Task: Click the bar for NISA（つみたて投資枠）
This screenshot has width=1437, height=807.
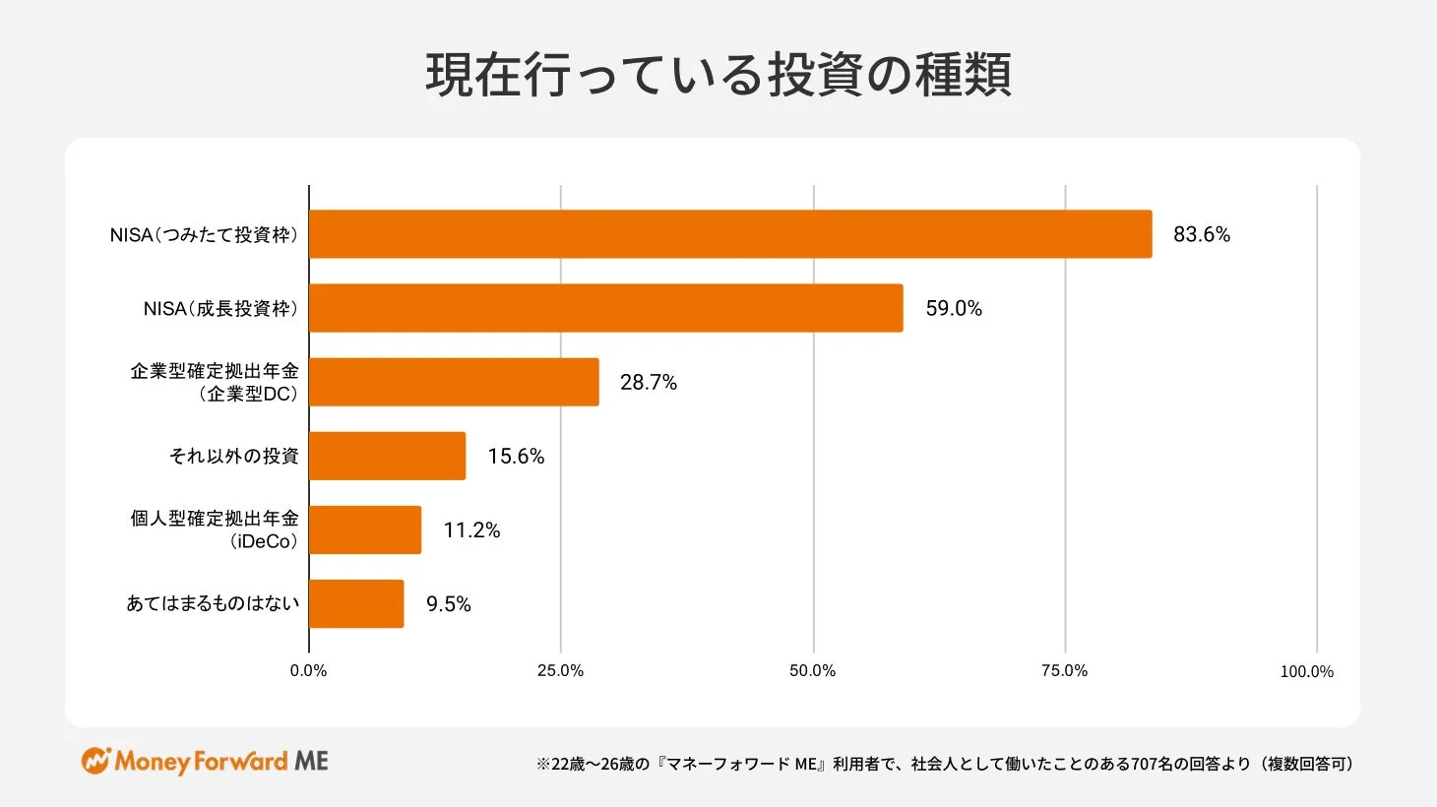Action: tap(730, 234)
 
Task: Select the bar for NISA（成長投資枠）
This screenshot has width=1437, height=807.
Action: tap(605, 308)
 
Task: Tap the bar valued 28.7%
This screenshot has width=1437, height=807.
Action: tap(454, 382)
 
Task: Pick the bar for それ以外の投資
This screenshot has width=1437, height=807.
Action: tap(387, 456)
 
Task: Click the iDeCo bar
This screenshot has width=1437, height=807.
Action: tap(365, 529)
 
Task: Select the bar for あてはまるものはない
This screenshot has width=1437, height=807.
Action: tap(356, 603)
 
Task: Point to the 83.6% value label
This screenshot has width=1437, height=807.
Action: tap(1201, 234)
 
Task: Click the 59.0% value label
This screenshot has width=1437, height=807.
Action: tap(953, 308)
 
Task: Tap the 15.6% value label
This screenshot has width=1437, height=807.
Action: tap(516, 456)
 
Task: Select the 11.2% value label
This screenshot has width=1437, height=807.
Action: tap(471, 529)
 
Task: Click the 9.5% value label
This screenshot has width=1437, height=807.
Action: tap(448, 603)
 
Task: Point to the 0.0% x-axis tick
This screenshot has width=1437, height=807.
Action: tap(308, 670)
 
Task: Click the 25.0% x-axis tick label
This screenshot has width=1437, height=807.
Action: tap(560, 670)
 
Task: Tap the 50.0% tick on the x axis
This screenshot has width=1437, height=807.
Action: tap(812, 670)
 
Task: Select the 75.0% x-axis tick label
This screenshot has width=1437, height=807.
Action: tap(1064, 670)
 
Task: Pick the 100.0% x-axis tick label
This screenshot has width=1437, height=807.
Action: tap(1306, 671)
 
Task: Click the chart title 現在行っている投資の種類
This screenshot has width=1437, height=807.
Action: tap(718, 75)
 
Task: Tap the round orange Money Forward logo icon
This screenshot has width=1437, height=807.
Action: tap(95, 761)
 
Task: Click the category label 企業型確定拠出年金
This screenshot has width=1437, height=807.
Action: tap(215, 371)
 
